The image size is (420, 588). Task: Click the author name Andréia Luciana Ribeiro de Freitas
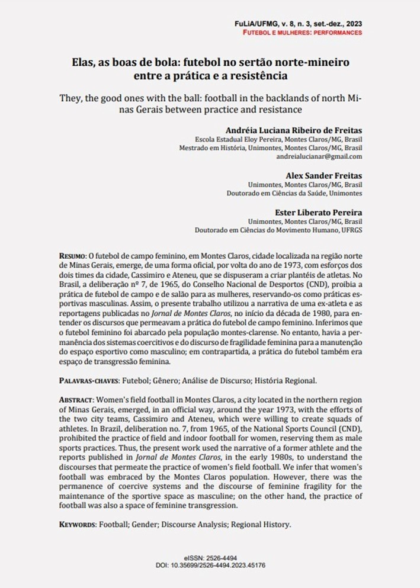tap(294, 130)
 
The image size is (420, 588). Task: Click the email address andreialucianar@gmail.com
tap(319, 156)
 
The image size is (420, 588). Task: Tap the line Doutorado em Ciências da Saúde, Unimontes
tap(295, 193)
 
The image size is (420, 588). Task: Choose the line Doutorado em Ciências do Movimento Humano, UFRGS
tap(279, 229)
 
